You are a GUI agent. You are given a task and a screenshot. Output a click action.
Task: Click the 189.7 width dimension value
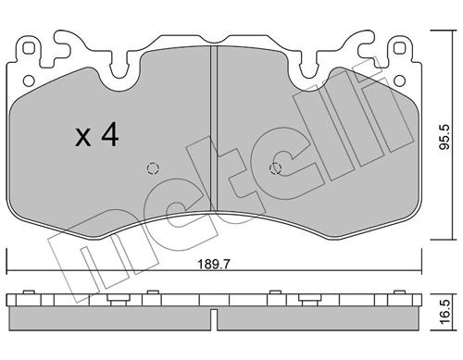click(x=214, y=265)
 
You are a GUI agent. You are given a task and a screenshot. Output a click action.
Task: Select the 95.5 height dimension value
click(x=444, y=137)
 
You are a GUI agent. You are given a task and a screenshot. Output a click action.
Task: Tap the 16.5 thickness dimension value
click(x=444, y=312)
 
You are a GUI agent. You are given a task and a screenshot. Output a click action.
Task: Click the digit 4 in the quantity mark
click(x=110, y=134)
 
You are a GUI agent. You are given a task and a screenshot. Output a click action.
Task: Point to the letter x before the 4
click(x=83, y=138)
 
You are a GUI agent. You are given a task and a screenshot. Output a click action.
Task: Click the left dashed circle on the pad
click(x=153, y=168)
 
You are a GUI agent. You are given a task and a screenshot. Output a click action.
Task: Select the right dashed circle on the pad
click(x=275, y=168)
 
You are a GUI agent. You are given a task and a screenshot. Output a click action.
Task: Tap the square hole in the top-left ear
click(x=29, y=48)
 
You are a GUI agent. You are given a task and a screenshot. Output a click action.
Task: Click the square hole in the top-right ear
click(x=399, y=48)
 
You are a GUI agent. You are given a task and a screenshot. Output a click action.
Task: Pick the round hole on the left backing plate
click(x=29, y=81)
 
